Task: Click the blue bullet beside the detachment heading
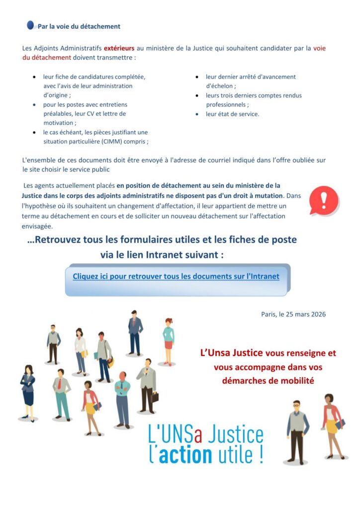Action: tap(31, 25)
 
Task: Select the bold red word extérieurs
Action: tap(119, 49)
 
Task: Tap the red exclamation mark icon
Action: tap(324, 200)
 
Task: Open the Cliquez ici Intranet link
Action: tap(176, 276)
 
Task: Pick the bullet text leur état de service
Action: tap(232, 114)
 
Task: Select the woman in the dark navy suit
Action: tap(28, 393)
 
